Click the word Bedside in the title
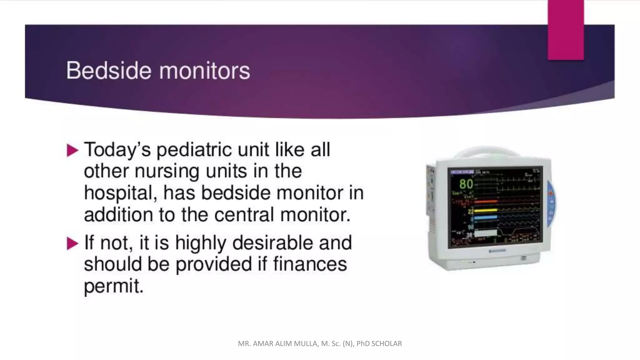[x=109, y=71]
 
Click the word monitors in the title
[x=205, y=71]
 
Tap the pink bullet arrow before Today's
[x=72, y=151]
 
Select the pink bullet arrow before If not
[x=72, y=243]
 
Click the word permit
[x=114, y=286]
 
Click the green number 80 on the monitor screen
[x=466, y=184]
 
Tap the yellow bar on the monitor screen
[x=486, y=210]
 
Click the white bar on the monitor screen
[x=486, y=233]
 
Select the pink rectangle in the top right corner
[x=566, y=30]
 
